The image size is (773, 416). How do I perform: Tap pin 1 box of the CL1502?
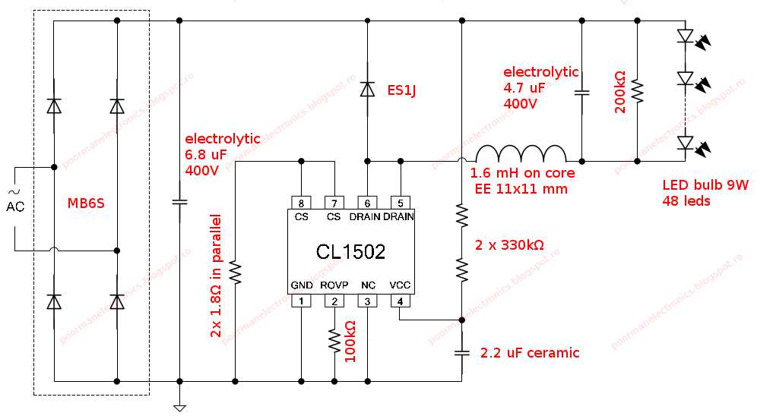(301, 301)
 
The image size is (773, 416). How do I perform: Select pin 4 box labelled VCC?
(400, 301)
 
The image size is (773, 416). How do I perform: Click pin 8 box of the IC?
(301, 203)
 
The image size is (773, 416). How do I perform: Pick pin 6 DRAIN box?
(367, 203)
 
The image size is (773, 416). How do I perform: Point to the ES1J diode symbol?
(367, 90)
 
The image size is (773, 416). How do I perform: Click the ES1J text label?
(402, 91)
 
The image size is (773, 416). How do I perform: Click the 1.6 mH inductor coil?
(520, 154)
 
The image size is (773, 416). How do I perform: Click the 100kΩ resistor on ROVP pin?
(334, 340)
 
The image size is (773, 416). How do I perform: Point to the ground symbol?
(179, 408)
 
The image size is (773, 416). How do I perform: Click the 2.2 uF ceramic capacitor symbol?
(462, 353)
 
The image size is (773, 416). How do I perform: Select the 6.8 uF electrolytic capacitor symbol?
(179, 203)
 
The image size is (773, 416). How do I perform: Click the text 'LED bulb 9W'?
(705, 186)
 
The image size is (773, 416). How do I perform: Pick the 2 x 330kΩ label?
(508, 245)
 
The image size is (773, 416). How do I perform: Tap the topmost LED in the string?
(686, 35)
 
